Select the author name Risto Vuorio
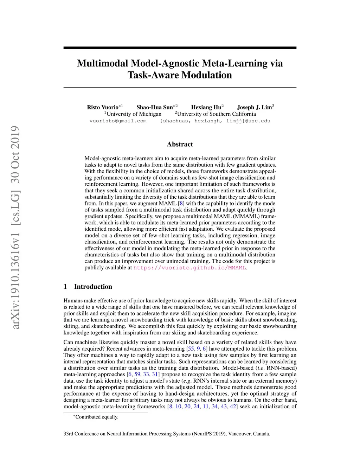point(103,107)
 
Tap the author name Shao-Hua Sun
point(155,107)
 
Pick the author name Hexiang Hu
point(206,107)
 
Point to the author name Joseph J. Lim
point(254,107)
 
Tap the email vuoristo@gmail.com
point(118,121)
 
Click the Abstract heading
point(180,144)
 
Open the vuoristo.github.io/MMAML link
point(190,268)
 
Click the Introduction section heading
point(93,287)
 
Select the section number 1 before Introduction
point(65,287)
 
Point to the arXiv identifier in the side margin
point(15,228)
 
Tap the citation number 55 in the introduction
point(191,349)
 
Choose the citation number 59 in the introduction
point(137,375)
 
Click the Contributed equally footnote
point(97,417)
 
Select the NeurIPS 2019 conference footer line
point(167,434)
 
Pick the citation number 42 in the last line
point(233,407)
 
